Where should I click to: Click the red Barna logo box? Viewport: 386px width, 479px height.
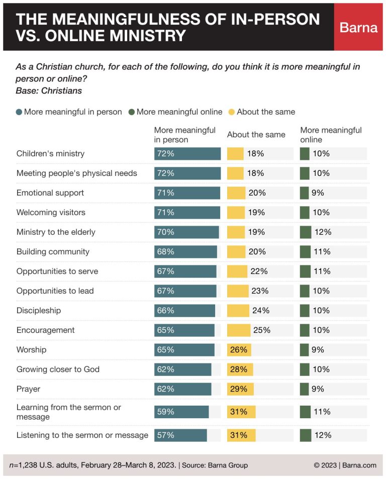click(358, 27)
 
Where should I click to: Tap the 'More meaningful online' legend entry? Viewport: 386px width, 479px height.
click(175, 112)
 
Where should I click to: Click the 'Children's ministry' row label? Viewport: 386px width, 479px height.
click(50, 154)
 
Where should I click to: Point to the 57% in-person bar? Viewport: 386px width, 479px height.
click(180, 435)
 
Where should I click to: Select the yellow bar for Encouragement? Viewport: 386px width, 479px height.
click(239, 330)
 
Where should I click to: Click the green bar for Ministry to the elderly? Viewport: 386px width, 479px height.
click(306, 232)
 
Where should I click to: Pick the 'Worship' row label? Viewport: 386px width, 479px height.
click(31, 350)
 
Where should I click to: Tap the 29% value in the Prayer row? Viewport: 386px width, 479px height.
click(239, 389)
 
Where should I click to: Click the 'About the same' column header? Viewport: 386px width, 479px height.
click(256, 135)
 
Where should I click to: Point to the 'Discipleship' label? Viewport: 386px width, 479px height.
click(39, 311)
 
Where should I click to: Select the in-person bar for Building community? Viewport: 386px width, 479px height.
click(185, 252)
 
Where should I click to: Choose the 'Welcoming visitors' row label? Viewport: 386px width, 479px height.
click(51, 213)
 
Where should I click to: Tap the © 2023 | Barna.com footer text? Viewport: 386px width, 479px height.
click(345, 465)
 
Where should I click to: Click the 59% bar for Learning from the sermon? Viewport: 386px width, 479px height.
click(181, 412)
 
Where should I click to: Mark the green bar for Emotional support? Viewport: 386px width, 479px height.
click(304, 193)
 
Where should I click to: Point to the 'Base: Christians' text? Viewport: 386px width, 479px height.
click(49, 91)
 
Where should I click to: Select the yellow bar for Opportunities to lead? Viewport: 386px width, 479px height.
click(238, 291)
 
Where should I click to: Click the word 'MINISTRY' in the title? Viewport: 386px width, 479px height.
click(142, 36)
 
